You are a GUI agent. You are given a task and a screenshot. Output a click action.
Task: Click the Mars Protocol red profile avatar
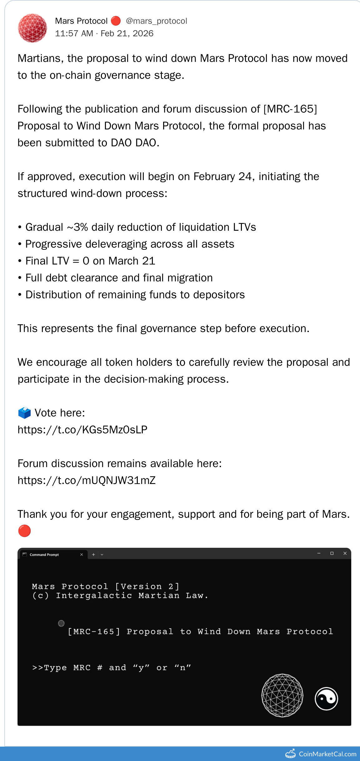point(32,28)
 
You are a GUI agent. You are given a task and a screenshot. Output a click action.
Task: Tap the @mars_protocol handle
point(156,21)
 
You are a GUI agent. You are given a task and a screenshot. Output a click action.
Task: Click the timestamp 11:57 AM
point(74,33)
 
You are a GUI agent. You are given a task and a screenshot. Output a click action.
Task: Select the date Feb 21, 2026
point(127,33)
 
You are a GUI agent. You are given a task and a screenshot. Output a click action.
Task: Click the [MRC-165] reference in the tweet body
point(290,109)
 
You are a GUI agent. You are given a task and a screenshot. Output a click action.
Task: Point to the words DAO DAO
point(133,143)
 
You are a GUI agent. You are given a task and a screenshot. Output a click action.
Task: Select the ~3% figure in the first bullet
point(77,227)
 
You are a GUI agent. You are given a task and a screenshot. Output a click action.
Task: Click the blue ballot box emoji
point(24,413)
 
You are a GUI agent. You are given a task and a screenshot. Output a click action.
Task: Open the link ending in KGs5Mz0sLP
point(82,430)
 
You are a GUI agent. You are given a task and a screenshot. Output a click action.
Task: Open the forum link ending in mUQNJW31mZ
point(87,480)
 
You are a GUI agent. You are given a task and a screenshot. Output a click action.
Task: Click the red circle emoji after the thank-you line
point(24,531)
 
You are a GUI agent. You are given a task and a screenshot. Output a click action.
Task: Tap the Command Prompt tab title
point(44,555)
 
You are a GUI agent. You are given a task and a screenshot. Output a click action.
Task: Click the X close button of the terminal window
point(345,553)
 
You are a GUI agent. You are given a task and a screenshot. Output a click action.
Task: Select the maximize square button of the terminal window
point(332,553)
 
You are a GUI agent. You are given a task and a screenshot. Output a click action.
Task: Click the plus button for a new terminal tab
point(93,555)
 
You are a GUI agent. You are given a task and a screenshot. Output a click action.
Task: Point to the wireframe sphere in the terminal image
point(282,695)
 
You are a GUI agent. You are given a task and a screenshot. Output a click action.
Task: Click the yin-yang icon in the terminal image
point(326,699)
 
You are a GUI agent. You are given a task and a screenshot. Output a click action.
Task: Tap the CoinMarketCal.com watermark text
point(327,754)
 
